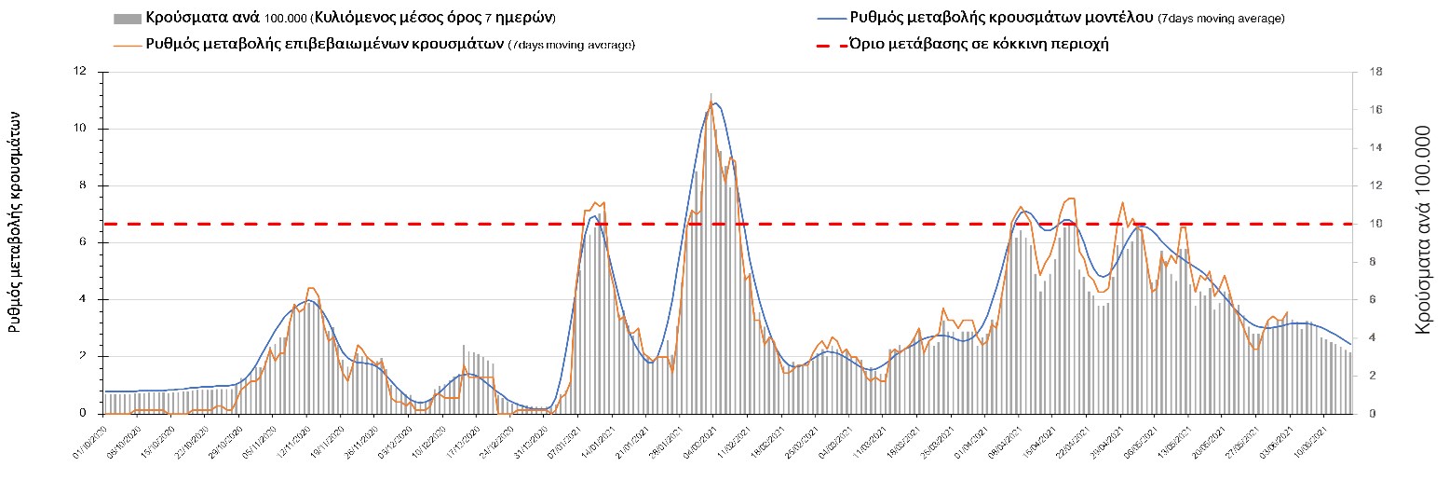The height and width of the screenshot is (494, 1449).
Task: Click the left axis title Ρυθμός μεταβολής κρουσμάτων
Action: click(16, 220)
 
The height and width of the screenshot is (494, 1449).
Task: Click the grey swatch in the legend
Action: click(129, 19)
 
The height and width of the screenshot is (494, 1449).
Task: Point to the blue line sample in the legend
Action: click(827, 19)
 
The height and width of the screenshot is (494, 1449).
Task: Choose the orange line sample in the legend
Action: click(129, 45)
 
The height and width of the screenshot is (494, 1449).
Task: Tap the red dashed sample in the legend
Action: click(827, 45)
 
